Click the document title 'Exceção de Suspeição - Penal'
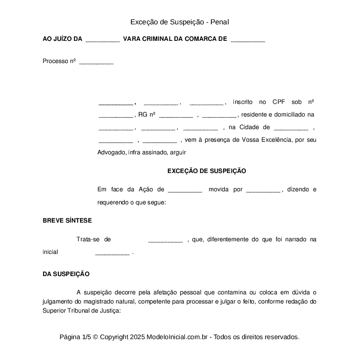(x=180, y=22)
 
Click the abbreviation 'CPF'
(x=279, y=102)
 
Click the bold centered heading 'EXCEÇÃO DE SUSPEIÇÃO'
(x=207, y=171)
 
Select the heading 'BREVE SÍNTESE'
(x=67, y=220)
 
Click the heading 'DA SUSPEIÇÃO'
(x=66, y=274)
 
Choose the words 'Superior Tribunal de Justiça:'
(x=81, y=310)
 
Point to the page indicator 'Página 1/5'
(x=75, y=337)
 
